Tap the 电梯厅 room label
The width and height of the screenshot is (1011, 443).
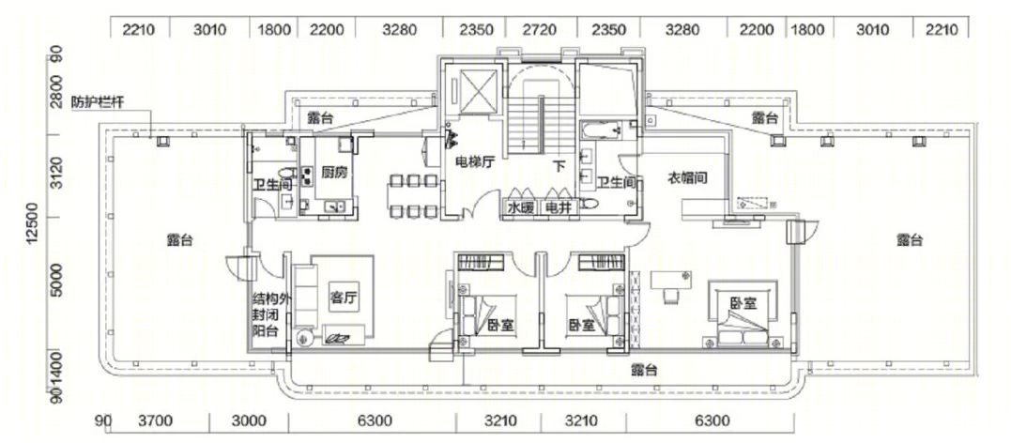474,161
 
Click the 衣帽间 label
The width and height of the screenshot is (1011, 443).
687,177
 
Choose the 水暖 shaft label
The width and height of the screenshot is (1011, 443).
520,207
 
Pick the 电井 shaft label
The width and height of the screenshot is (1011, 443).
557,207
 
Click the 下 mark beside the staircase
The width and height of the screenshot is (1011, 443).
559,165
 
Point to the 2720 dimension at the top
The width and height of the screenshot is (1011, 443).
541,30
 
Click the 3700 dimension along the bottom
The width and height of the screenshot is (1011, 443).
157,421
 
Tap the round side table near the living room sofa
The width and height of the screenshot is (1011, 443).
304,338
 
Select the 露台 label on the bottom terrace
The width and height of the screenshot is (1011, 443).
644,370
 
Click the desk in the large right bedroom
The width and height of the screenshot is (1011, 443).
670,279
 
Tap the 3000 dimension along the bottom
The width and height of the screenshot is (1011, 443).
250,421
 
